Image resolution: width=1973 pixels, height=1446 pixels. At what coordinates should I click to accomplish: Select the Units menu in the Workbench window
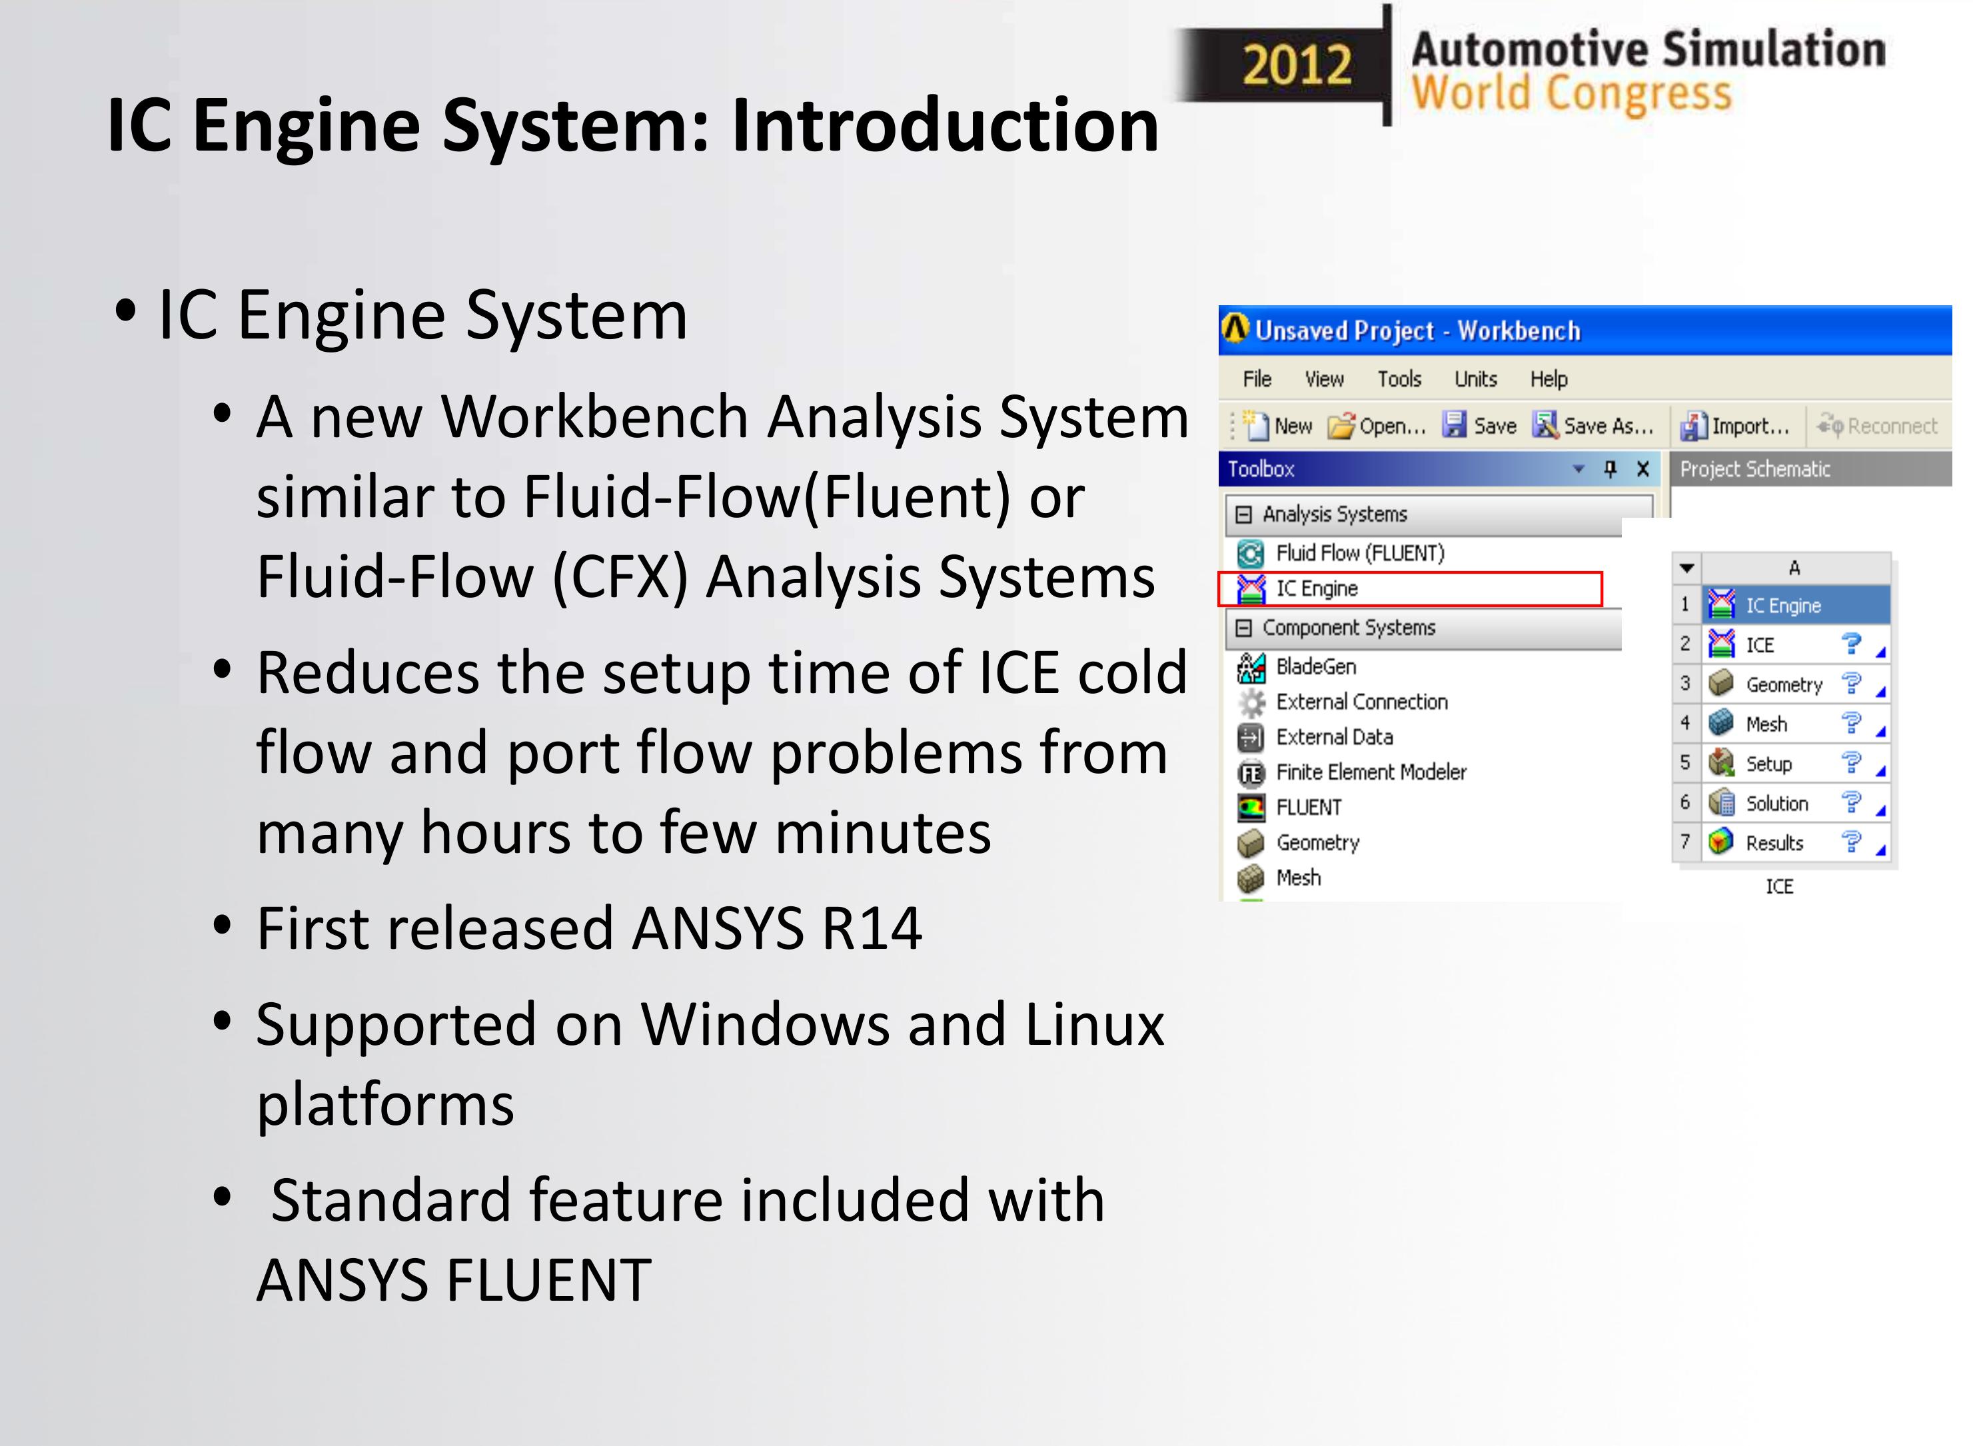click(1475, 379)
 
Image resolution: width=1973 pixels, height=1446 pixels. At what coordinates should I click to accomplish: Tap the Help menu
click(1548, 379)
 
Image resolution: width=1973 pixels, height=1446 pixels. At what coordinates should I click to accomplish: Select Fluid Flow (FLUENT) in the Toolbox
click(1359, 553)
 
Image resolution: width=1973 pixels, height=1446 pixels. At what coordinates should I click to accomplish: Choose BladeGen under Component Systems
click(1315, 667)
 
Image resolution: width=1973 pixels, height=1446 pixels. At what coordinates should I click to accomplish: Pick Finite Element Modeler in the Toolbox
click(1370, 772)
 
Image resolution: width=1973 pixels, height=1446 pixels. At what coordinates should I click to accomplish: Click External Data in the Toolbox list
click(1333, 737)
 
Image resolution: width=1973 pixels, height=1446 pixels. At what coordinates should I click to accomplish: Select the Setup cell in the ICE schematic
click(1768, 764)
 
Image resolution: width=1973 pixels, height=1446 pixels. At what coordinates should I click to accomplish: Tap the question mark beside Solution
click(1850, 802)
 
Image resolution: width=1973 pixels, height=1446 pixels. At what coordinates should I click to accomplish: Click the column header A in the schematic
click(1794, 568)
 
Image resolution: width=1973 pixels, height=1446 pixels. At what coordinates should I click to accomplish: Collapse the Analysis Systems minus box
click(1243, 514)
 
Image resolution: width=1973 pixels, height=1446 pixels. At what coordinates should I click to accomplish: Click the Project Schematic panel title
click(1754, 469)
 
